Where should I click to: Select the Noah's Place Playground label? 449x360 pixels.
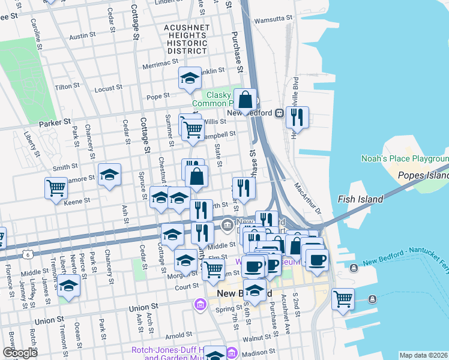point(405,159)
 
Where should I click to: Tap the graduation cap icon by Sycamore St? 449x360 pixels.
point(109,175)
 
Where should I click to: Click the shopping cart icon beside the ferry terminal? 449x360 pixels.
point(343,298)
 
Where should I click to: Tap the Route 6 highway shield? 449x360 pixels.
point(28,255)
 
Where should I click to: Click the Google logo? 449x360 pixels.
point(19,353)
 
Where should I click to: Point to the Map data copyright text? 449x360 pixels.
point(424,355)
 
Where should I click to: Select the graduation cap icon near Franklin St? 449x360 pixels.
point(190,78)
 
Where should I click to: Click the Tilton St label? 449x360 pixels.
point(67,87)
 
